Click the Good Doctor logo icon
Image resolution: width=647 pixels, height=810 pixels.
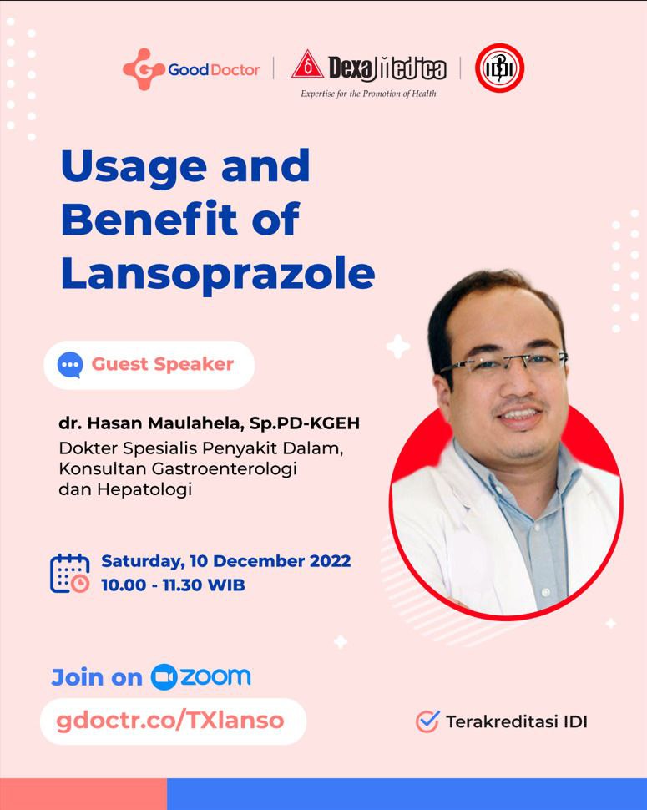[144, 69]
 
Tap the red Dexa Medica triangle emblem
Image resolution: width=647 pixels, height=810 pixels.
[307, 64]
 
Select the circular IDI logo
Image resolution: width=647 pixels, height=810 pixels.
[499, 68]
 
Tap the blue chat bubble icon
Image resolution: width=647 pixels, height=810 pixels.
[70, 365]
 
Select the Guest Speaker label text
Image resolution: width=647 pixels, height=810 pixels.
[163, 364]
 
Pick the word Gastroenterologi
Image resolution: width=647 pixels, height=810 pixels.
[224, 468]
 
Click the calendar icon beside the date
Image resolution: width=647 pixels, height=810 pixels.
[69, 574]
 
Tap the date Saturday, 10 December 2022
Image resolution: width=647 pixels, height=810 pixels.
[226, 561]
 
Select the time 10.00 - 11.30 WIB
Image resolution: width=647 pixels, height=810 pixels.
[173, 585]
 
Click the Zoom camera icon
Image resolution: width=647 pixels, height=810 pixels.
[164, 677]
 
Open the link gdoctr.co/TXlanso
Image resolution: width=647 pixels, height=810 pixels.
[169, 721]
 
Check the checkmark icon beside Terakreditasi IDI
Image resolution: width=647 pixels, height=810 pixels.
[427, 721]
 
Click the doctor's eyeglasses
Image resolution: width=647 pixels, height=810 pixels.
[503, 363]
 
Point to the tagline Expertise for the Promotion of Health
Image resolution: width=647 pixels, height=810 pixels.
[369, 94]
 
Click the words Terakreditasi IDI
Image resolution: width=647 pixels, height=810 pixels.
[517, 721]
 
